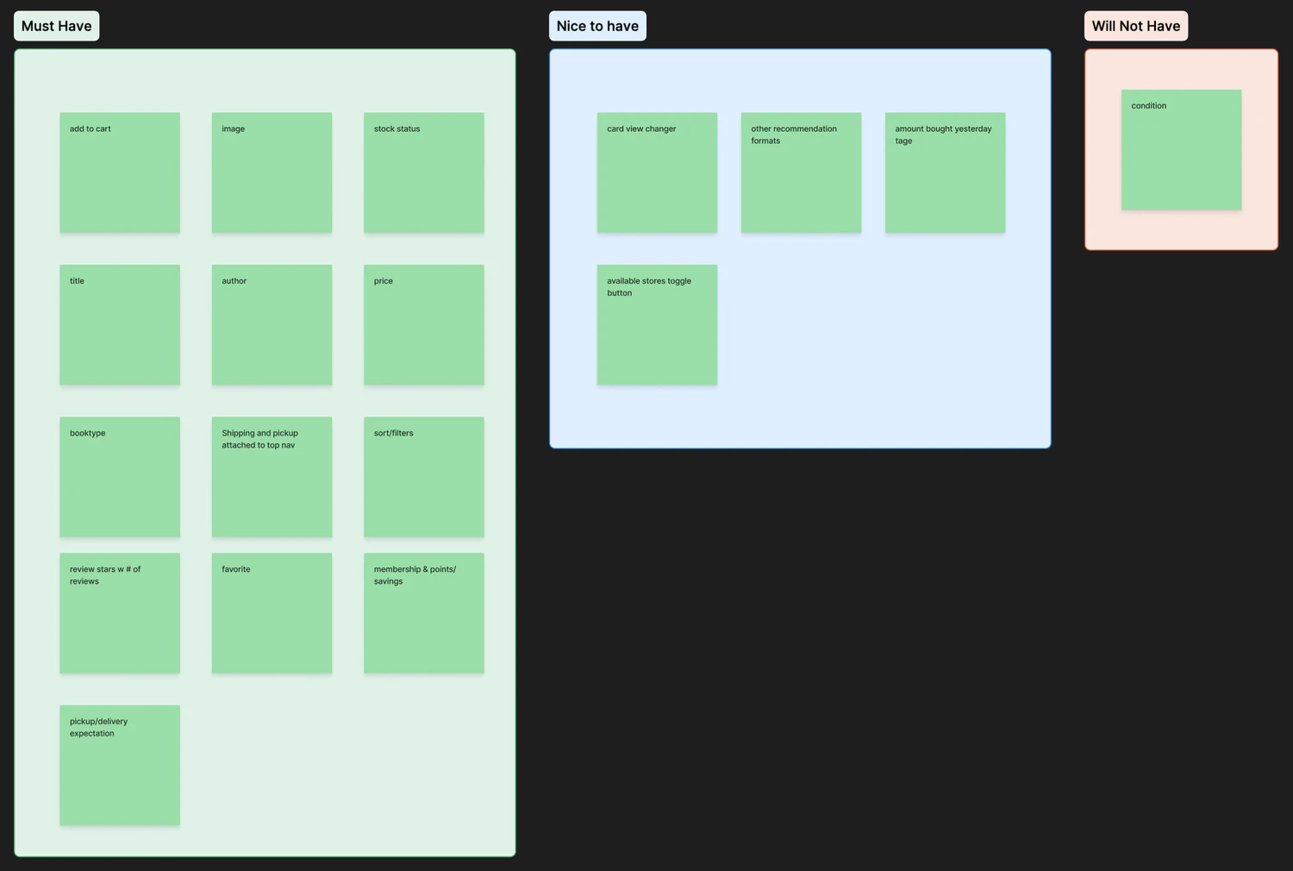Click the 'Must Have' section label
point(56,26)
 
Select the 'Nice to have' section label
point(597,26)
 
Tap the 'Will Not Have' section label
point(1135,26)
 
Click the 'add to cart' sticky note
point(120,172)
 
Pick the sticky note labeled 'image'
point(272,172)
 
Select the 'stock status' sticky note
point(423,172)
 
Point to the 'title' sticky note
point(120,324)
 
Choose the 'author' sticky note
point(272,324)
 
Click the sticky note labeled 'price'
point(423,324)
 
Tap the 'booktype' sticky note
point(120,477)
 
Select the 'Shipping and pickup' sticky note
point(272,477)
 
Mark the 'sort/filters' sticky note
point(423,477)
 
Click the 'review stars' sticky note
point(120,613)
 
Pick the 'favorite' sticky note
point(272,613)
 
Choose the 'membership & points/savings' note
point(423,613)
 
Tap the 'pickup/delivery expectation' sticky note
point(120,765)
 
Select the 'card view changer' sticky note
point(657,172)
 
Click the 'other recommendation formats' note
point(801,172)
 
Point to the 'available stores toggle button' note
point(657,324)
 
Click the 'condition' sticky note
point(1181,149)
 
